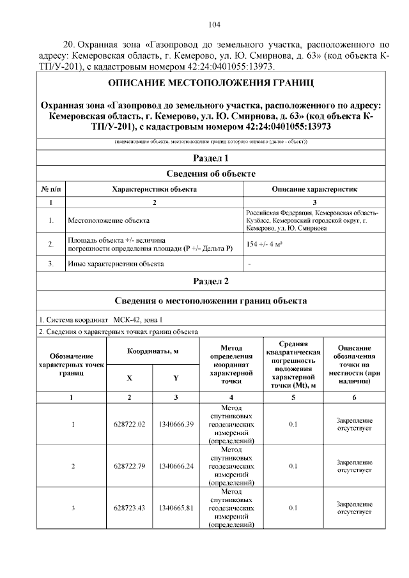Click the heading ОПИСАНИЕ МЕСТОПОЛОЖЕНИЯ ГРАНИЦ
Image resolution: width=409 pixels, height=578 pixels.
pos(210,84)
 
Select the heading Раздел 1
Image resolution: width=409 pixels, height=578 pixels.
pos(210,158)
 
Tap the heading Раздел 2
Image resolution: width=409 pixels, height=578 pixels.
pos(210,281)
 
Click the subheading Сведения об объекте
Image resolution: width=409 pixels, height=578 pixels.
pos(210,174)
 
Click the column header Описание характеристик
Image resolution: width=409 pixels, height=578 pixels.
pos(314,190)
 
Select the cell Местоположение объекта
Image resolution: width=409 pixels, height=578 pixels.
pos(109,220)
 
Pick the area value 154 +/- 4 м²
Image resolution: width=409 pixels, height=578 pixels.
pos(265,244)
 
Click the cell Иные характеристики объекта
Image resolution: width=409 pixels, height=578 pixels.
pos(116,263)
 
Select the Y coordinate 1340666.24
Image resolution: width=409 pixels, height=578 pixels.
pos(176,466)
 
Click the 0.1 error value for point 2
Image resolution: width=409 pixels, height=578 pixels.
pos(293,466)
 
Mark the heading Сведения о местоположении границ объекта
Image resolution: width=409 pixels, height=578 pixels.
pos(210,301)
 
